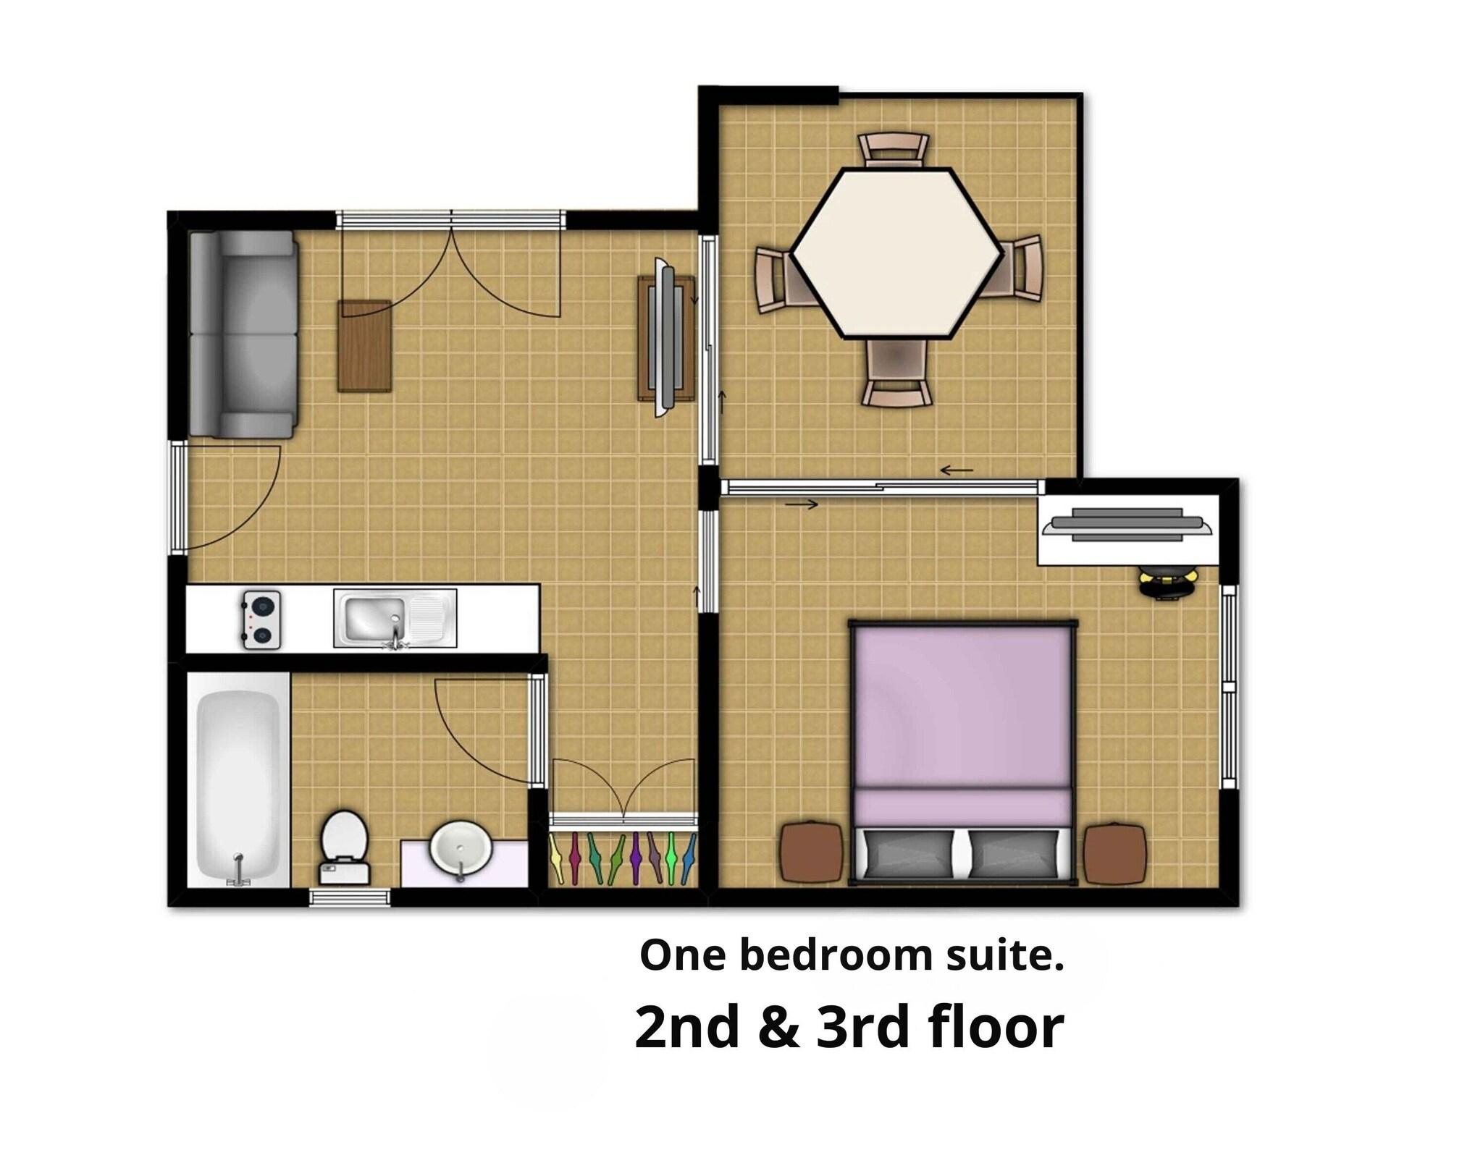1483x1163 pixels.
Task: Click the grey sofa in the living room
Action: (243, 334)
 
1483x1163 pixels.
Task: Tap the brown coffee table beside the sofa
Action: (365, 346)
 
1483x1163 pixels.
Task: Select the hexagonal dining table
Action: (896, 253)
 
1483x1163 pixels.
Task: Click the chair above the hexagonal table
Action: (893, 151)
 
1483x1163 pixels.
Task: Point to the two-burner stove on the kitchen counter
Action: (261, 619)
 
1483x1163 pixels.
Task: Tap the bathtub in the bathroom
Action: (238, 787)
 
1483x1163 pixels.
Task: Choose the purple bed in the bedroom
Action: (962, 752)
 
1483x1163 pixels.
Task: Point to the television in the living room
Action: (667, 337)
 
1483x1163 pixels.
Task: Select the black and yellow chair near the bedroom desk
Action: (1169, 583)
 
